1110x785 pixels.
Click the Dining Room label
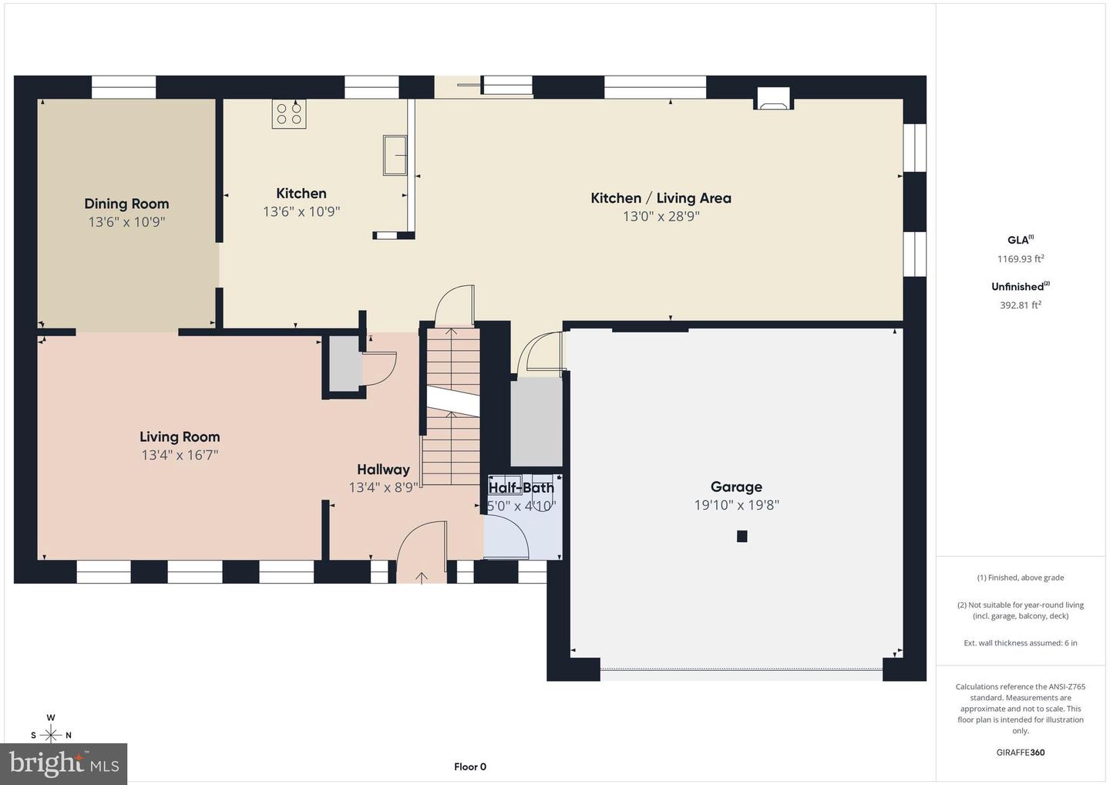(126, 204)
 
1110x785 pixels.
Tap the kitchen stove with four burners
(289, 114)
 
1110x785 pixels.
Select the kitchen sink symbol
(395, 155)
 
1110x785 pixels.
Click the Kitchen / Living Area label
(661, 198)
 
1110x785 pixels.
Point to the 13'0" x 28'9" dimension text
(661, 217)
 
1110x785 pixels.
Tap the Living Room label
(180, 436)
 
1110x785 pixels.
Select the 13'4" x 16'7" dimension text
(180, 455)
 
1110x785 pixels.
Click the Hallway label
(383, 469)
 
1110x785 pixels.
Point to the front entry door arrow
(422, 577)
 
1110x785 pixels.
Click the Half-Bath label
(521, 487)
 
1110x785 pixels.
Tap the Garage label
(736, 487)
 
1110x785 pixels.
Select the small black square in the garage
(742, 537)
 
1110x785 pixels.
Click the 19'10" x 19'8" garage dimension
(736, 505)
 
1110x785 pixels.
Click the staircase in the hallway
(452, 409)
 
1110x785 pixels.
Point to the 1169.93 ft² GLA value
(1020, 259)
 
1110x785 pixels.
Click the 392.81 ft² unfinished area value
(1020, 305)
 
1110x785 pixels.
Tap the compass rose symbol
(51, 734)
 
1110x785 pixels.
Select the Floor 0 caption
(469, 766)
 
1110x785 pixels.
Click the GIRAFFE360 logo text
(1020, 753)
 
